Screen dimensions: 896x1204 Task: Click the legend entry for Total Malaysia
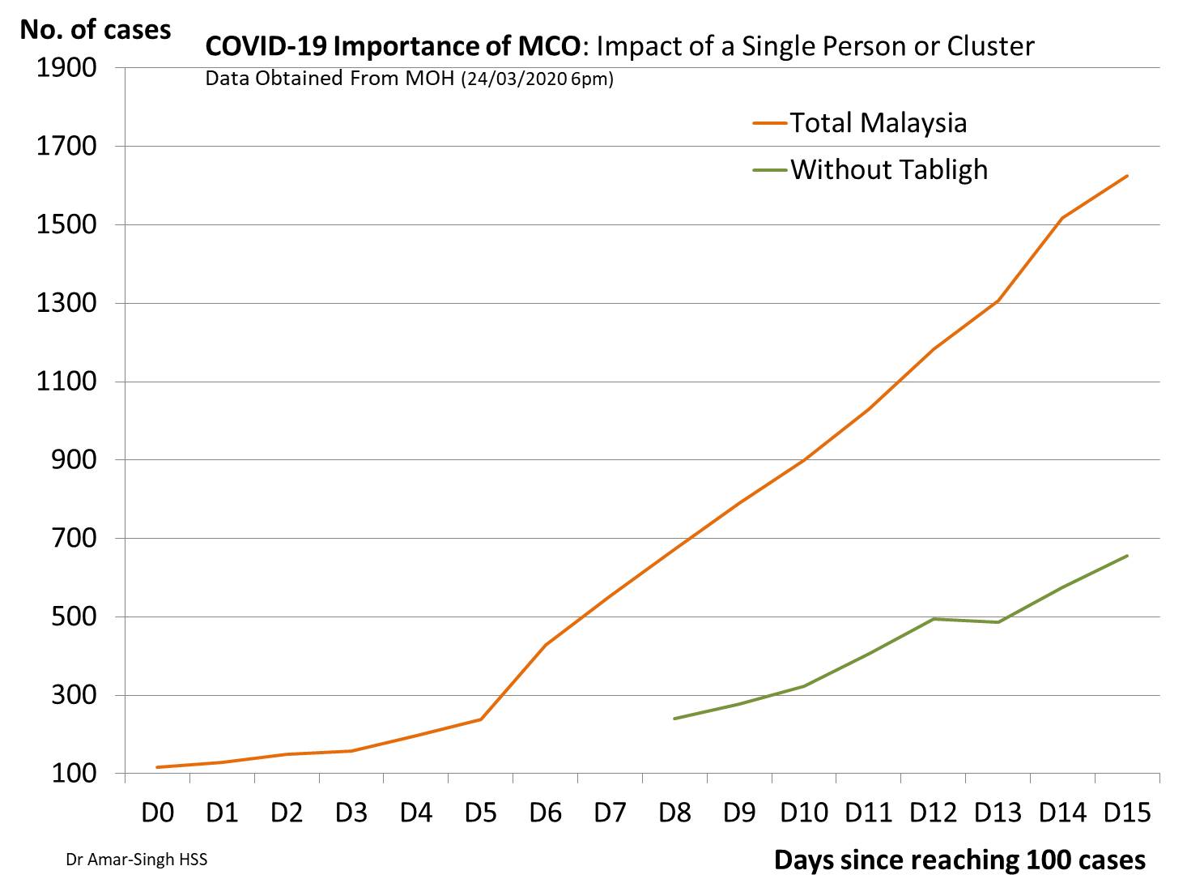(878, 123)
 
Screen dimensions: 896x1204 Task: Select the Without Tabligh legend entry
(888, 170)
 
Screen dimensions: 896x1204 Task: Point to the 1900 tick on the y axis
(66, 68)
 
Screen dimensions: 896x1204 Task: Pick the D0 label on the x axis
(157, 813)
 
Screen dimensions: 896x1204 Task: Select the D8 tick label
(674, 813)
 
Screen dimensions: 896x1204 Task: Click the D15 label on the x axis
(1127, 813)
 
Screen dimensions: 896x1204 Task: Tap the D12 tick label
(934, 813)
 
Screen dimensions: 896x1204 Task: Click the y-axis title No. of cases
(96, 30)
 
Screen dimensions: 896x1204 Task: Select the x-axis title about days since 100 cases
(959, 860)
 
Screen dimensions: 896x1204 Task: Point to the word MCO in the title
(548, 46)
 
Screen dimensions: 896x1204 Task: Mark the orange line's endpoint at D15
(1127, 176)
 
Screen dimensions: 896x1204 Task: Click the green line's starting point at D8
(674, 719)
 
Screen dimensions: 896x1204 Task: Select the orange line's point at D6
(545, 645)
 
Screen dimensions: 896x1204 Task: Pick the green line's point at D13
(998, 622)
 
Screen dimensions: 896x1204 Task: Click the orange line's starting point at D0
(157, 767)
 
